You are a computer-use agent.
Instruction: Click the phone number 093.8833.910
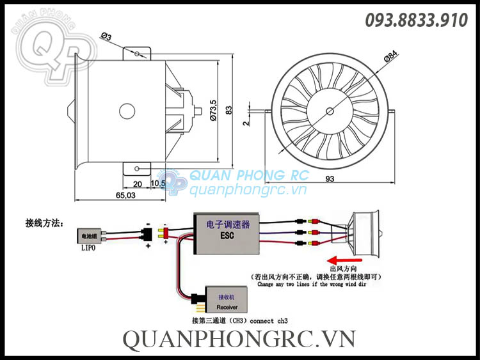(416, 20)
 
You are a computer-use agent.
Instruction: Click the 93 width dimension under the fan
(330, 179)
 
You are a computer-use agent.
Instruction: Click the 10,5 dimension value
(158, 184)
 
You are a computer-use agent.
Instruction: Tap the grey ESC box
(228, 233)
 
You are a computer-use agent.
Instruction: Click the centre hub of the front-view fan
(330, 111)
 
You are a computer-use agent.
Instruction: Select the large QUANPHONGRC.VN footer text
(239, 339)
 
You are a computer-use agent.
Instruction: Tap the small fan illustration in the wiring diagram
(362, 231)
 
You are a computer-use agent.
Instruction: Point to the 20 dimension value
(137, 184)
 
